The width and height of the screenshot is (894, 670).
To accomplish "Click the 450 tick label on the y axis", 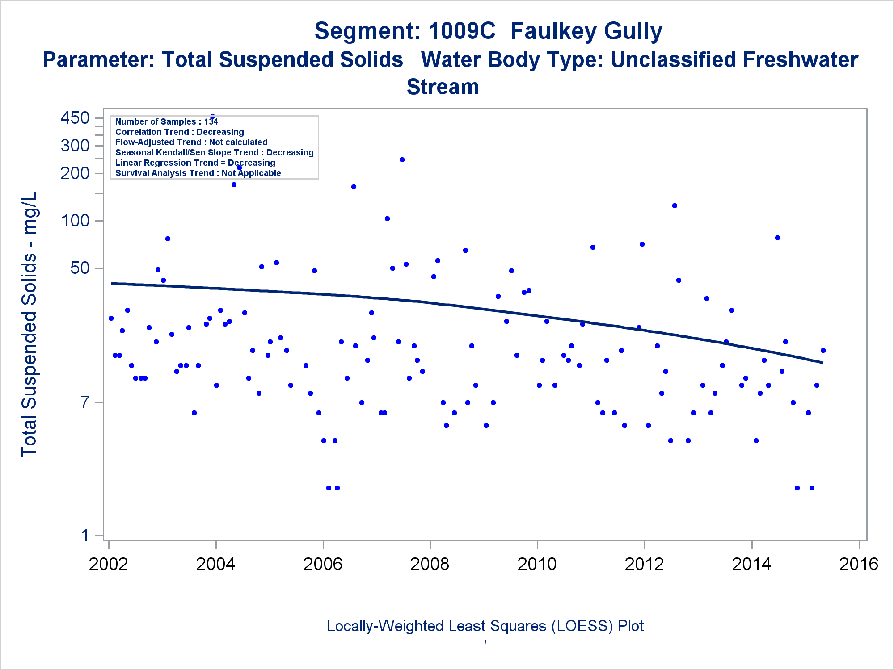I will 75,118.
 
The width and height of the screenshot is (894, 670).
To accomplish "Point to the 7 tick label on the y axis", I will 85,402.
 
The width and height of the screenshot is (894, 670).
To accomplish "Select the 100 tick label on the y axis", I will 75,220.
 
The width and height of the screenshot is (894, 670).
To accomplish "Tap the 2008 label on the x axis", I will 430,564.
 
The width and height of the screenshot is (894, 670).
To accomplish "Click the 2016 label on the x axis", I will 859,564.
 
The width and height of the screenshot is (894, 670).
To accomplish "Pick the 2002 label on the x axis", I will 108,564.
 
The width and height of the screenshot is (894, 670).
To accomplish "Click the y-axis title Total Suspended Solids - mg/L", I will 29,324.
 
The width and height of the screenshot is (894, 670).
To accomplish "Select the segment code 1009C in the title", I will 462,31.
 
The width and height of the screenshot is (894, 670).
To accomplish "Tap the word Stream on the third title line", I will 443,87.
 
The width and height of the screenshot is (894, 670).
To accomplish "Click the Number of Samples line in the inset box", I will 166,121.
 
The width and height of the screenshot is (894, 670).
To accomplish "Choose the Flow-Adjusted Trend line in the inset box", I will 191,142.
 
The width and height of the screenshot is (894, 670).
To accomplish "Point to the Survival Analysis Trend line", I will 198,173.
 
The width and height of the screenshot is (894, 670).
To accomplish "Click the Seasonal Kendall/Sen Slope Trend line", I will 214,152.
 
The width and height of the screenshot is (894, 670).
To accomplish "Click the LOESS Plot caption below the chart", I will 485,626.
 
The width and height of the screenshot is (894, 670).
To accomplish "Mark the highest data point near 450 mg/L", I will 213,117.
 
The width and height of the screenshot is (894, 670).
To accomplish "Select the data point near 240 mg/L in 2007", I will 402,159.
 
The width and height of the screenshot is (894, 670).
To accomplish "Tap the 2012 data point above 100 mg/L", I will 675,205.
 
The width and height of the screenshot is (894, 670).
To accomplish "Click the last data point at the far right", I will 823,350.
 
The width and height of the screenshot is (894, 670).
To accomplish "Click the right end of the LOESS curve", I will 822,362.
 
